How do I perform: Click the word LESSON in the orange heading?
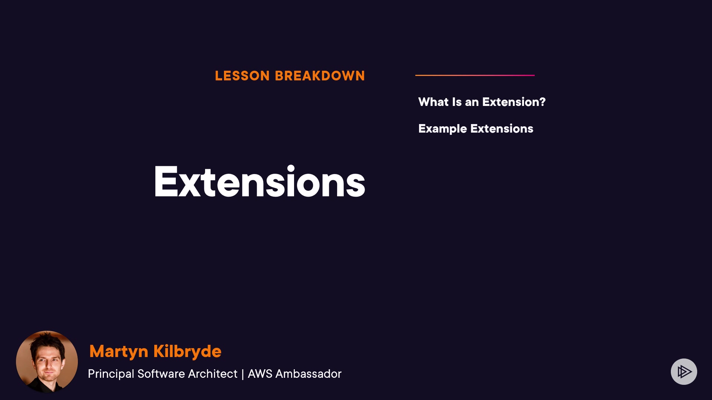[x=242, y=76]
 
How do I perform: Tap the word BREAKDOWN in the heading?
[x=320, y=76]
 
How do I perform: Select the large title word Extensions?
[x=260, y=181]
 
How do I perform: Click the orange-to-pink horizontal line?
[x=475, y=75]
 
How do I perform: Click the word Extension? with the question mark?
[x=514, y=102]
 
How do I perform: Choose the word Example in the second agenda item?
[x=442, y=129]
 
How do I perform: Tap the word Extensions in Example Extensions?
[x=502, y=129]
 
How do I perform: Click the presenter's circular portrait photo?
[x=47, y=361]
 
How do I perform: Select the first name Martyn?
[x=119, y=351]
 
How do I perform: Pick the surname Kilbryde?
[x=187, y=351]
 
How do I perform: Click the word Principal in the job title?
[x=111, y=374]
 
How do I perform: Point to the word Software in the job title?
[x=161, y=374]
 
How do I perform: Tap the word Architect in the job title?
[x=212, y=374]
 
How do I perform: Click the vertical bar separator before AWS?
[x=243, y=374]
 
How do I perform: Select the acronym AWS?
[x=260, y=374]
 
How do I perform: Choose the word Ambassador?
[x=308, y=374]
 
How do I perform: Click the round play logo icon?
[x=684, y=371]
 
